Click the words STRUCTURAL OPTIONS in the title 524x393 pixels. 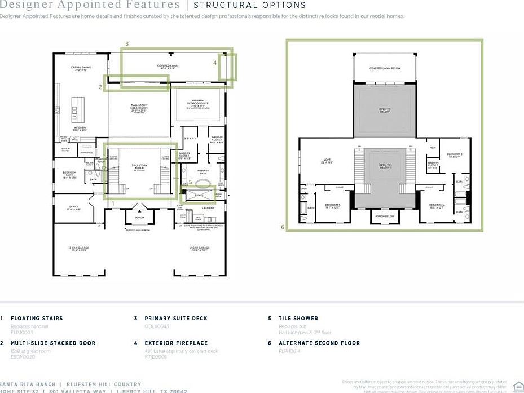pos(249,5)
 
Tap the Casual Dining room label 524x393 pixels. pos(81,69)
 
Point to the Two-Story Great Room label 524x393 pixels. pos(139,109)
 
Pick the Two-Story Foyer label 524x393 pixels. pos(139,166)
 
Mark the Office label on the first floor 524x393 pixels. pos(74,207)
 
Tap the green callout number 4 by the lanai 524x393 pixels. pos(214,63)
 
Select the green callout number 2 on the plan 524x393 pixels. pos(100,87)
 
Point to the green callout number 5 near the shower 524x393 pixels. pos(191,182)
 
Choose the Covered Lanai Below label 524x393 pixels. pos(385,68)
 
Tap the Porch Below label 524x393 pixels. pos(385,215)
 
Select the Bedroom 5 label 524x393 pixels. pos(332,206)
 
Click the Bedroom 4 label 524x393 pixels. pos(436,206)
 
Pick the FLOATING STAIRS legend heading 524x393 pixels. pos(37,319)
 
